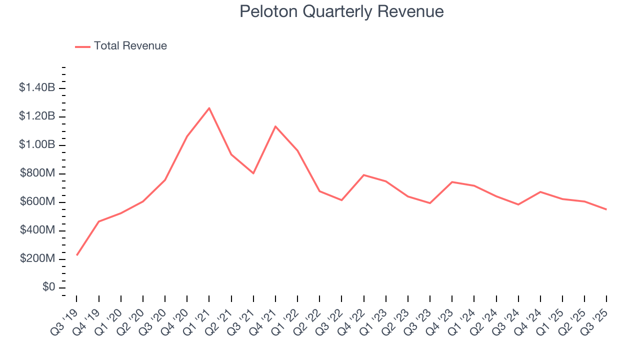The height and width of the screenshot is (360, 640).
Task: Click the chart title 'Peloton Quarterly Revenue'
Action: (341, 11)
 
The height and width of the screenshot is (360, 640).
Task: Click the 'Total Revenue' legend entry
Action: (130, 46)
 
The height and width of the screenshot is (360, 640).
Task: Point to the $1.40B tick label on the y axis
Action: (37, 88)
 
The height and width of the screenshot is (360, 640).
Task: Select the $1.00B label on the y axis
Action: (37, 145)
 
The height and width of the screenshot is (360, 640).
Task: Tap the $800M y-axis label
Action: (37, 173)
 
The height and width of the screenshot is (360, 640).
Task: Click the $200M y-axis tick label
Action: (37, 259)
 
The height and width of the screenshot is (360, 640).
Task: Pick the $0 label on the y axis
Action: (48, 287)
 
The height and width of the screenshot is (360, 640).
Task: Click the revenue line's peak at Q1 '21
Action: (209, 108)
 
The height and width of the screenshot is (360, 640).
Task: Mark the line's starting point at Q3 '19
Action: (76, 255)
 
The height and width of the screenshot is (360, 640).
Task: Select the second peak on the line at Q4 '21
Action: (275, 126)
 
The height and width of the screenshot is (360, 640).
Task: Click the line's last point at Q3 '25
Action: (606, 209)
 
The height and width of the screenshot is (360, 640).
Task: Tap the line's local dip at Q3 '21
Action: (253, 173)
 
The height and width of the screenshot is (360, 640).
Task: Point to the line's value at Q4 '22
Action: (363, 175)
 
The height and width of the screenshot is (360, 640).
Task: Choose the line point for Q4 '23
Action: (452, 182)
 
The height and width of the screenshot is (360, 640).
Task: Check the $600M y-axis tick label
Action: (37, 202)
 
